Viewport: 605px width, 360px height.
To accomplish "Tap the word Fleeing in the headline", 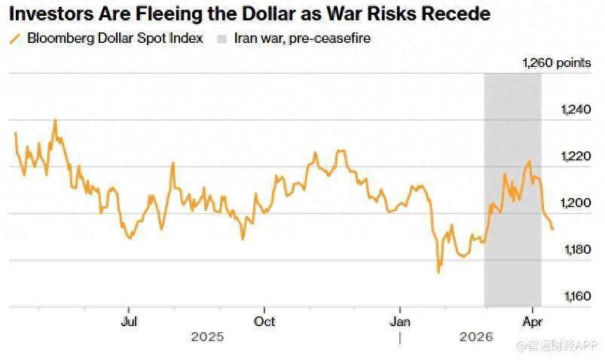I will [x=173, y=14].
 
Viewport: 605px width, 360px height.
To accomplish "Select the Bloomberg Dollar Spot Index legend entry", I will [x=115, y=38].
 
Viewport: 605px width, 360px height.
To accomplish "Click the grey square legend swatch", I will [x=222, y=38].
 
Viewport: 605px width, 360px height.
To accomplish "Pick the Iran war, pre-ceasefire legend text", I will [x=302, y=38].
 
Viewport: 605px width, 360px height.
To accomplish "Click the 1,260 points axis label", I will [x=557, y=63].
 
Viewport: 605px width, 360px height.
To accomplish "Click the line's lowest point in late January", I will [x=438, y=272].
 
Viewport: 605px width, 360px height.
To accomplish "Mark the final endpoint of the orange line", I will [x=553, y=228].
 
